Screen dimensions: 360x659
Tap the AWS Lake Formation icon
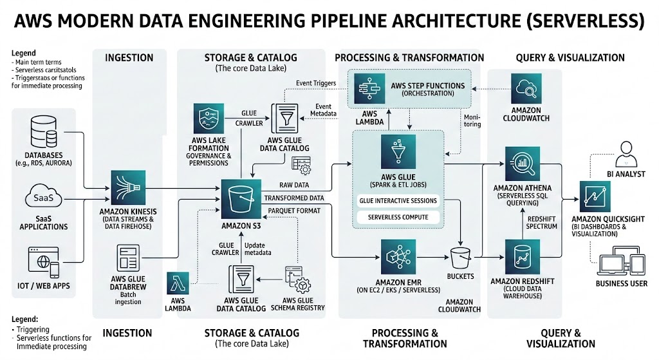click(209, 120)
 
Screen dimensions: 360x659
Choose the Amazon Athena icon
click(523, 164)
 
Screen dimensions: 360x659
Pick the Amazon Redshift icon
click(523, 257)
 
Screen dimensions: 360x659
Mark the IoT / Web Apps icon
click(44, 262)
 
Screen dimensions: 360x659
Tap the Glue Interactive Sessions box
click(398, 201)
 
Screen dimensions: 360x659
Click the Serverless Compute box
click(398, 217)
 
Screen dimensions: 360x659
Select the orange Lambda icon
click(180, 283)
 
